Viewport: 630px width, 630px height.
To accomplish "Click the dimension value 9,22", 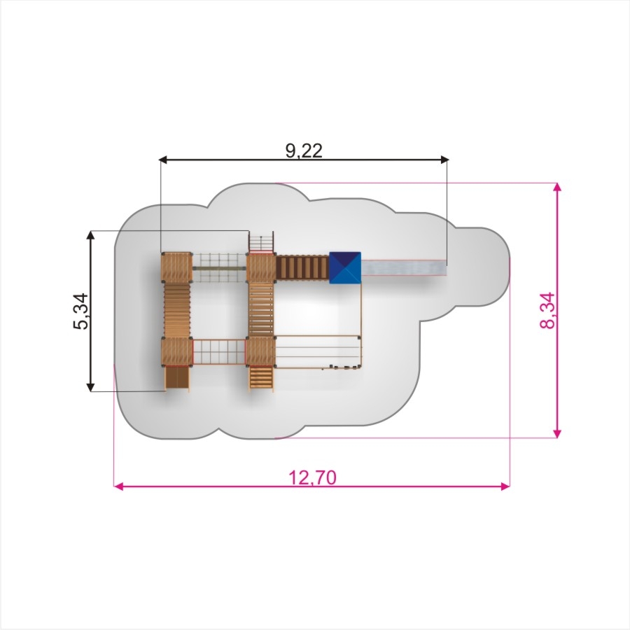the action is (304, 150).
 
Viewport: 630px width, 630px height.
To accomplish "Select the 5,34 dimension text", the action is (81, 311).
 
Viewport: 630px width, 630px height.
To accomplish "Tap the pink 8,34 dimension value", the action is (547, 311).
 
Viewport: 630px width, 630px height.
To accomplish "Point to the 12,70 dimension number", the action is (312, 477).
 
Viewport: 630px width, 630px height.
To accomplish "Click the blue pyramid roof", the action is (345, 267).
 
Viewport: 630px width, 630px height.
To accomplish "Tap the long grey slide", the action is (404, 268).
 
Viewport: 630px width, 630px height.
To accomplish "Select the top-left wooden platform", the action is (177, 267).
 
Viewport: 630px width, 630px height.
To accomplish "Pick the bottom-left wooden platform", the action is (177, 352).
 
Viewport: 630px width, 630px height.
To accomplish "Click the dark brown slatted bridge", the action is (302, 268).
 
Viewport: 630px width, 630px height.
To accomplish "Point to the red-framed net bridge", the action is (219, 352).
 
